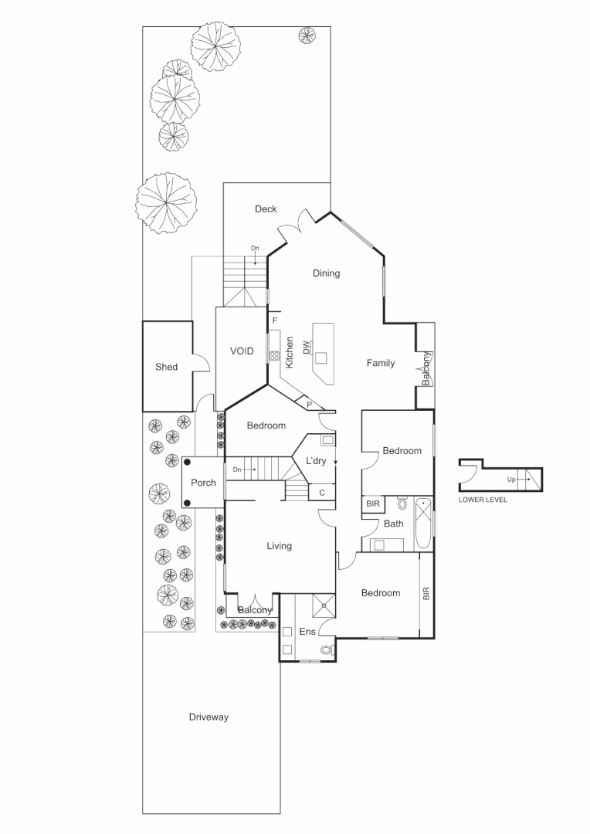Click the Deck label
266,209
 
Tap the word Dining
326,273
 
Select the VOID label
242,351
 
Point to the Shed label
166,367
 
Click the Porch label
203,483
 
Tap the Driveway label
209,717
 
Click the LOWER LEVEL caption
483,500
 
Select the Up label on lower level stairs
511,479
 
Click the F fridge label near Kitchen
274,320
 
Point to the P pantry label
309,404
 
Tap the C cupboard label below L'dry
321,492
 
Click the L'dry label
317,461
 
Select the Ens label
307,632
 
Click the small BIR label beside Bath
373,503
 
